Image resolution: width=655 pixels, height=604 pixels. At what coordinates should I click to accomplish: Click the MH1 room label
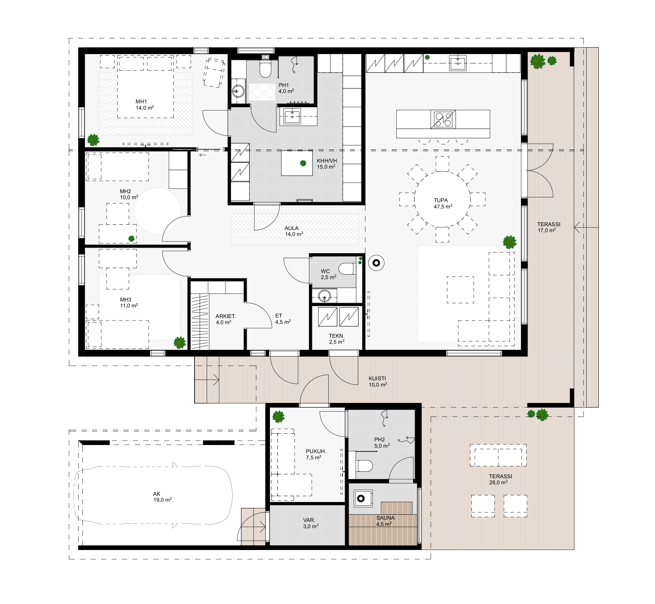[x=141, y=102]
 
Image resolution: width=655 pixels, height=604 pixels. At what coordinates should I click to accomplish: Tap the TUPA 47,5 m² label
[x=443, y=203]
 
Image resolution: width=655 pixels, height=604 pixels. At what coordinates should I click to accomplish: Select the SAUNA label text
[x=385, y=518]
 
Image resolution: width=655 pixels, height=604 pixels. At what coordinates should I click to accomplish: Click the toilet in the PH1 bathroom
[x=265, y=69]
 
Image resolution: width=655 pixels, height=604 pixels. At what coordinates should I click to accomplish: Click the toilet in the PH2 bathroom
[x=365, y=466]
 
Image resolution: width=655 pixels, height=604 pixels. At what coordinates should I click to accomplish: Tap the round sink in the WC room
[x=324, y=296]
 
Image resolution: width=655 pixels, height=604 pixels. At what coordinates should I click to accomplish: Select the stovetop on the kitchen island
[x=443, y=119]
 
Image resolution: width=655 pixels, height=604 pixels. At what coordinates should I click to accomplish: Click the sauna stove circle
[x=361, y=498]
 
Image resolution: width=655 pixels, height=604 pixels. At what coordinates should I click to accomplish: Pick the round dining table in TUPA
[x=442, y=199]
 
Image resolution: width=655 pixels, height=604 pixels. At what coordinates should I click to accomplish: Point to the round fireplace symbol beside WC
[x=376, y=263]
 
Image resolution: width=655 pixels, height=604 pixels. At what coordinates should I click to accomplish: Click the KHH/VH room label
[x=327, y=161]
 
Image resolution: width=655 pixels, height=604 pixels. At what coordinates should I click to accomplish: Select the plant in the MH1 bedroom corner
[x=93, y=140]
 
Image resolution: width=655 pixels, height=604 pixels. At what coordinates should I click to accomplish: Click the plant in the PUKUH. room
[x=278, y=417]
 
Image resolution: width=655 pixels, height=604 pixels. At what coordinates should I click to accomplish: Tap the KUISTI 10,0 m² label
[x=378, y=381]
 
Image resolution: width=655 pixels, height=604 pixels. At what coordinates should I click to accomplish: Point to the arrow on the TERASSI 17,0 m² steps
[x=586, y=227]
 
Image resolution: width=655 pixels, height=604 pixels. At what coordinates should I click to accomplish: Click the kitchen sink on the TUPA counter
[x=457, y=63]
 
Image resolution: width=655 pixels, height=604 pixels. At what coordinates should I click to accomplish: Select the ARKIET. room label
[x=226, y=316]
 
